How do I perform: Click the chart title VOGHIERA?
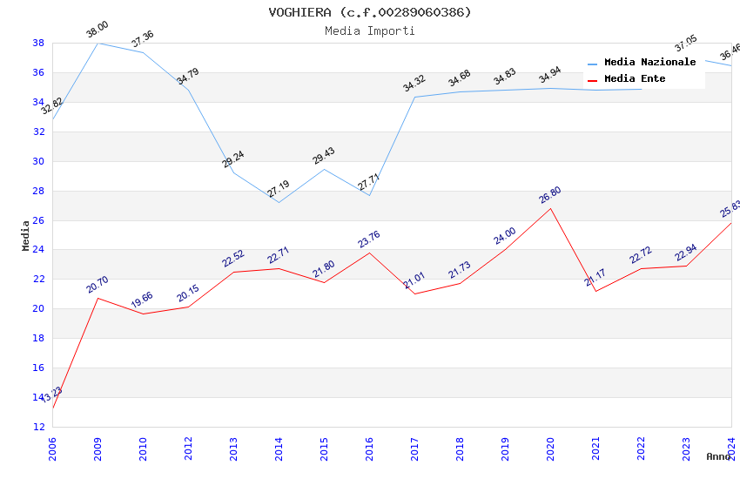370,12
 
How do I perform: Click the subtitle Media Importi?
370,30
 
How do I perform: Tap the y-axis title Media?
26,235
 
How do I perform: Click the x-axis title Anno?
718,456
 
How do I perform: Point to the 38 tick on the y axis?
38,43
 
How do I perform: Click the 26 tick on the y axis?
38,220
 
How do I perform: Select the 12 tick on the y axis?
38,427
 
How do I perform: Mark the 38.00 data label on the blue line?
97,30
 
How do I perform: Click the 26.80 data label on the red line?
549,196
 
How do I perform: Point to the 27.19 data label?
279,189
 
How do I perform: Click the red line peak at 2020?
550,208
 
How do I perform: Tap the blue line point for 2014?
279,202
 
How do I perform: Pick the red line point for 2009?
98,298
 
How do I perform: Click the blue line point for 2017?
414,97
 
